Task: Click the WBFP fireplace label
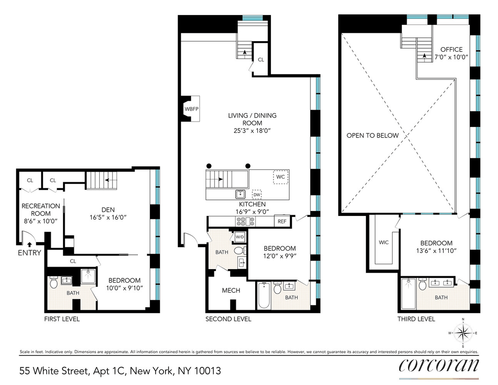191,109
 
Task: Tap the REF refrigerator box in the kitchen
282,221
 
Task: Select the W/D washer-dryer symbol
240,237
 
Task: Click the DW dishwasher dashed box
257,195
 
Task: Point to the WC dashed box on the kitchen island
281,177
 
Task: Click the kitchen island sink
240,194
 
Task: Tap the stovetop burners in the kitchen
245,221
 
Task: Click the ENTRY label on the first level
29,253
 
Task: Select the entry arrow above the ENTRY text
29,245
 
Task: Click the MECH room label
231,291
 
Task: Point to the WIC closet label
383,243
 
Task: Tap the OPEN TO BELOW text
373,135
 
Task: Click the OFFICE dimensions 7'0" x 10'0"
451,57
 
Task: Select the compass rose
463,333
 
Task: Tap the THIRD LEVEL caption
416,319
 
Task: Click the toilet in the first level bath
54,283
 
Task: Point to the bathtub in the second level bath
264,295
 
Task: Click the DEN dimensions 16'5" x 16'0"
108,217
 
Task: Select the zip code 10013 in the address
207,371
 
